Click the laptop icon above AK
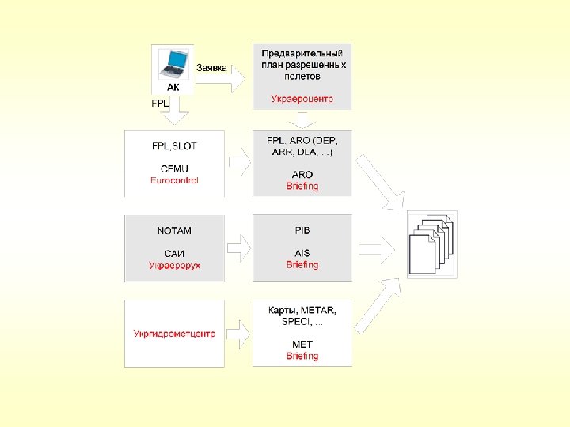pos(173,62)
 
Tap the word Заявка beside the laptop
pos(211,68)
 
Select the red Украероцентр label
pos(302,99)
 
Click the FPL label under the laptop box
pos(160,103)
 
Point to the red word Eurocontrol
pos(174,180)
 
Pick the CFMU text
pos(174,168)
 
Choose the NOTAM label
pos(174,231)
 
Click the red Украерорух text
pos(174,265)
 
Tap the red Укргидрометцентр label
pos(174,334)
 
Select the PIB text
pos(302,231)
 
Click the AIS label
pos(302,253)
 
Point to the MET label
pos(302,345)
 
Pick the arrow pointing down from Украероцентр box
pos(302,120)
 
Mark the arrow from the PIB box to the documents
pos(380,247)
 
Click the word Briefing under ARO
pos(302,187)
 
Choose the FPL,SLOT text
pos(174,146)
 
